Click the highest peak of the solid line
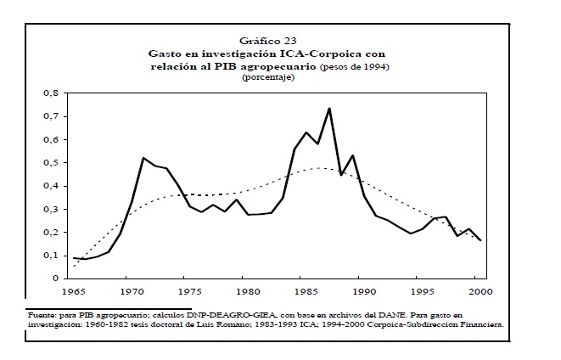328,108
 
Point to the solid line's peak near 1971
143,158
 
